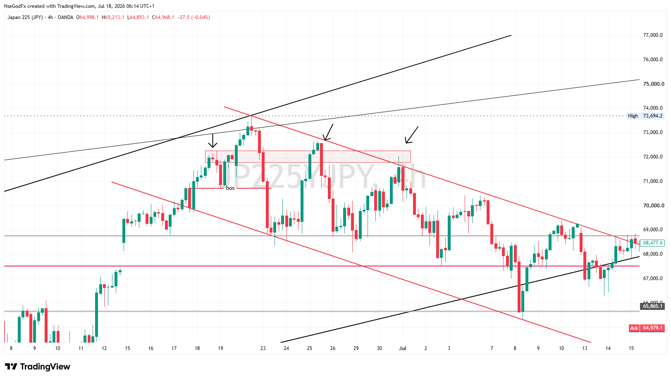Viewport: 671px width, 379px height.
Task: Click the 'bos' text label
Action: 230,188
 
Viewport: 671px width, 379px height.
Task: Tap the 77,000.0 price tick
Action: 653,35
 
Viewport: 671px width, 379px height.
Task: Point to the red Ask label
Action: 634,328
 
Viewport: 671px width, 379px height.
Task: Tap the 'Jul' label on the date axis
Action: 403,348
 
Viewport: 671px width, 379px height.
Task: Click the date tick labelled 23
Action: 263,348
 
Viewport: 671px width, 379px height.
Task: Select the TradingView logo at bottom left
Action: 38,367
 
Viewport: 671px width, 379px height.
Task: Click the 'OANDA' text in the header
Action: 65,17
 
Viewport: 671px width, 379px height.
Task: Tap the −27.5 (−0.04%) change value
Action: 193,17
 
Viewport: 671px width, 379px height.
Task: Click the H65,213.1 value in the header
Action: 113,17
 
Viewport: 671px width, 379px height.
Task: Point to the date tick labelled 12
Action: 104,348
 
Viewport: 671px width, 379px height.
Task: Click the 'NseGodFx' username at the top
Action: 15,6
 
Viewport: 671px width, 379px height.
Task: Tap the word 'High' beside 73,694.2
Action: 633,116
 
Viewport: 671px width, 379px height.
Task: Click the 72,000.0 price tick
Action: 653,157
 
